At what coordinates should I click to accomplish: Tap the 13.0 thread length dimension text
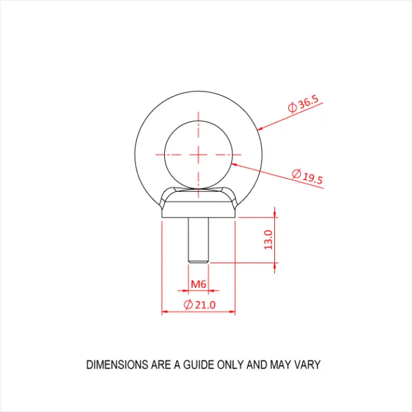269,239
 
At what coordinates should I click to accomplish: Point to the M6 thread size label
198,283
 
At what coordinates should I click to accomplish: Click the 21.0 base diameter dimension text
204,304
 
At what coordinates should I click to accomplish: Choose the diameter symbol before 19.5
297,173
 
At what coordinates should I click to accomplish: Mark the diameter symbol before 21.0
188,304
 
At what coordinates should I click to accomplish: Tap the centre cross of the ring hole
198,154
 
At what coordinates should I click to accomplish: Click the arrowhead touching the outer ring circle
260,129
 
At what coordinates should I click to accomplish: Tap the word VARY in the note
306,365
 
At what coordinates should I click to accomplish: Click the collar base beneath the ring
198,209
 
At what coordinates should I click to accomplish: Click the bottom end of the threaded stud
198,261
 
